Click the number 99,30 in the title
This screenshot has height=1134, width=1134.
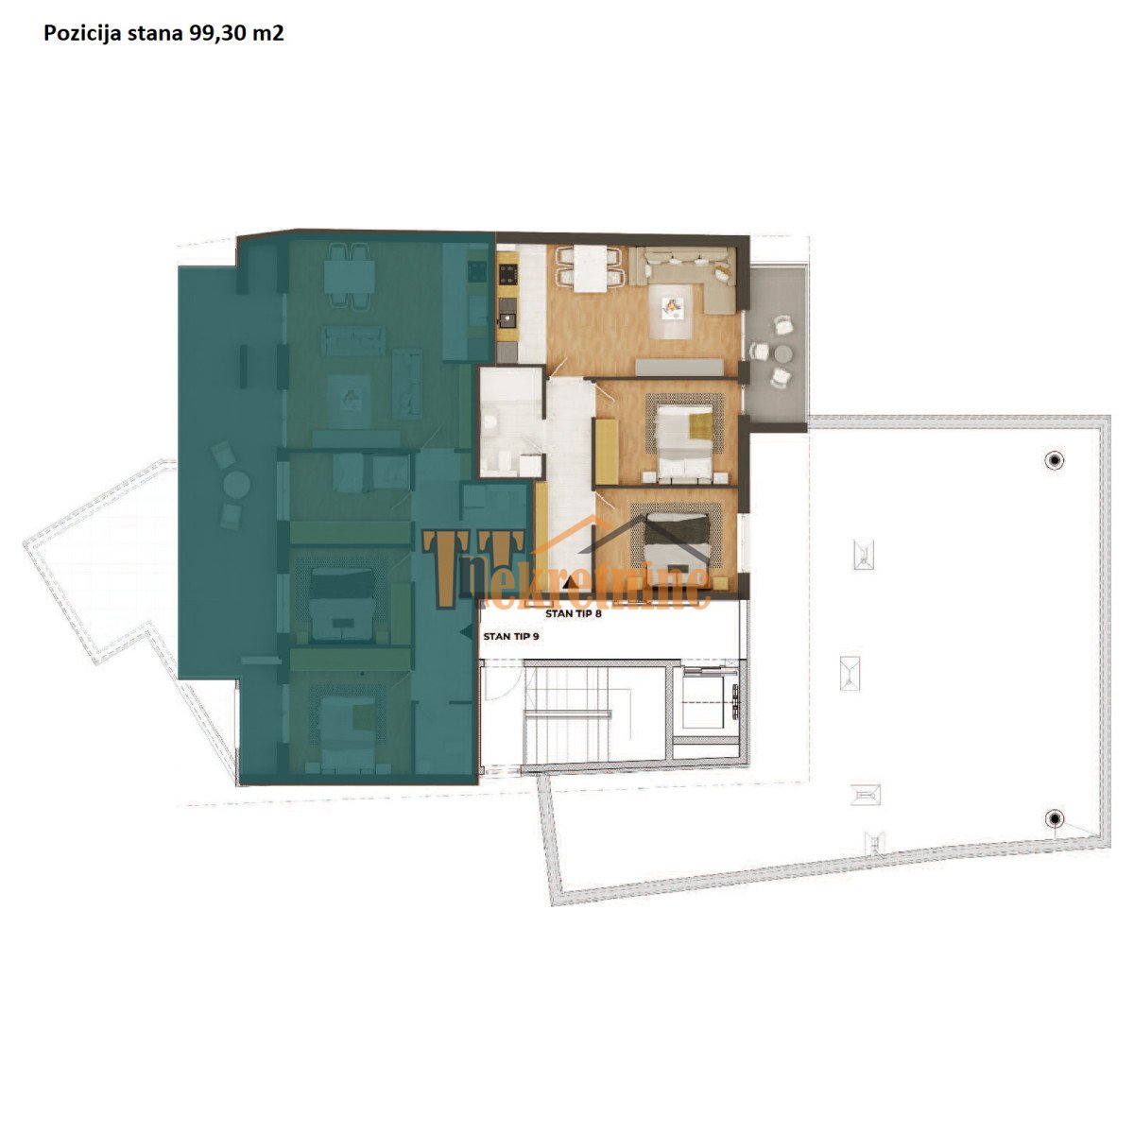coord(215,34)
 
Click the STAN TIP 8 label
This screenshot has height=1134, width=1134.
coord(573,614)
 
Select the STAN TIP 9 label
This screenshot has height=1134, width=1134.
coord(511,637)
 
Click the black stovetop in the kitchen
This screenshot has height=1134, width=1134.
coord(507,274)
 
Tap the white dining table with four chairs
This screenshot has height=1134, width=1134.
coord(591,268)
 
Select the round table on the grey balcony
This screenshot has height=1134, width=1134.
coord(783,353)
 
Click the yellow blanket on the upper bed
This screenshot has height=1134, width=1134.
coord(700,425)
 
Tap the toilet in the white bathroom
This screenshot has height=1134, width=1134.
coord(490,421)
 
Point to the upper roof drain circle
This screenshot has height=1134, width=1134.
coord(1055,459)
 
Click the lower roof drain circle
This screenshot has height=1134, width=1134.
coord(1055,818)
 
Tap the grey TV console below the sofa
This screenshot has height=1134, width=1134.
coord(679,368)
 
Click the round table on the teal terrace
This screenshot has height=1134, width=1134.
coord(236,485)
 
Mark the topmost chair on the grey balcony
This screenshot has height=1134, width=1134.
coord(783,324)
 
